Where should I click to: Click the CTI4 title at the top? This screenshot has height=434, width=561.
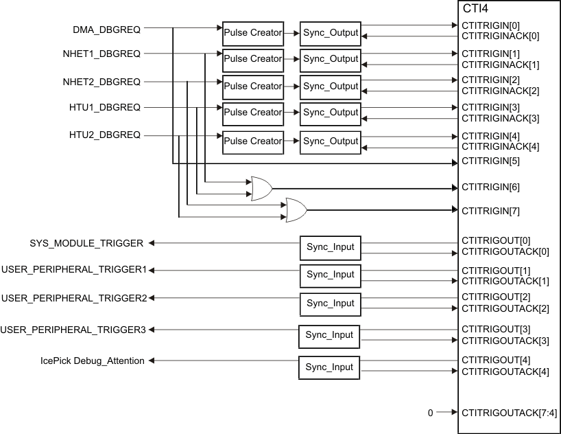475,10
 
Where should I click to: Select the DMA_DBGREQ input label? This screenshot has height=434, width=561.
106,30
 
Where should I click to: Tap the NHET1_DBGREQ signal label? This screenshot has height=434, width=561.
102,53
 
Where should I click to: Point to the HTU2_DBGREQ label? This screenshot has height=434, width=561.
105,135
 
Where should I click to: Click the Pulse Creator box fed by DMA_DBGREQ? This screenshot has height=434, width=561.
252,32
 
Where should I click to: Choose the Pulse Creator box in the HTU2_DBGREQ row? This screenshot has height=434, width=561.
252,141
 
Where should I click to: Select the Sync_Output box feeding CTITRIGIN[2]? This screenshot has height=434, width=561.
331,87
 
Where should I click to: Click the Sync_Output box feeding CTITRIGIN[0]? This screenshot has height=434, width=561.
331,32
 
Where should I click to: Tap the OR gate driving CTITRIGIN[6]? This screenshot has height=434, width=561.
261,187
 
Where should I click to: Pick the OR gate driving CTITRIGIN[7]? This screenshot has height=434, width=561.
296,209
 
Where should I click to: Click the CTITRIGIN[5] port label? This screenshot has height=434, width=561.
490,161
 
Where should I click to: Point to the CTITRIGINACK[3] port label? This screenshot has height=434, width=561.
501,119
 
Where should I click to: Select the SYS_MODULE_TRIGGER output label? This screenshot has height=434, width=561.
86,243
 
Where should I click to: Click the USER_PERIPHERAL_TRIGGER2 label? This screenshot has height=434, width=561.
74,298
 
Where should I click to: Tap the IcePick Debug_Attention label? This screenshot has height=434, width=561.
88,361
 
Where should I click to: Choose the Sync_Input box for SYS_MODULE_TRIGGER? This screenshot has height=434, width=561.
331,247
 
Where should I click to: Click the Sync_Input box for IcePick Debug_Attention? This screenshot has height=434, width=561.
329,367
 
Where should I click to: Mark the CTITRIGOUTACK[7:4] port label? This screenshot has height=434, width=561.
510,413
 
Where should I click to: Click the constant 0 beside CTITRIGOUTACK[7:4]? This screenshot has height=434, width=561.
430,413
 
